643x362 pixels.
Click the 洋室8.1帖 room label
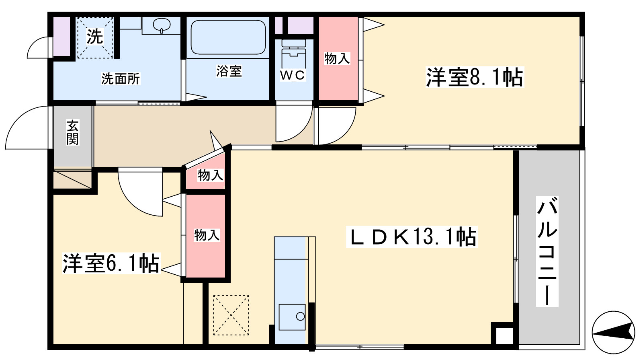(475, 77)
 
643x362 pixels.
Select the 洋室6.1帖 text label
(111, 263)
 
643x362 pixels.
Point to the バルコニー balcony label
(547, 251)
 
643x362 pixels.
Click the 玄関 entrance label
(73, 132)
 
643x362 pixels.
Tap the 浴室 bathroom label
(229, 71)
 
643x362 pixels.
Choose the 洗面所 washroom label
(121, 79)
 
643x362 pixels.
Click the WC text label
(293, 75)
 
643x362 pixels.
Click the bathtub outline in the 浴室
(228, 37)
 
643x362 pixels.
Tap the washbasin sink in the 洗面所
(161, 25)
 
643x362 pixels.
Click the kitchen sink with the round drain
(292, 317)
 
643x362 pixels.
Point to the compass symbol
(613, 332)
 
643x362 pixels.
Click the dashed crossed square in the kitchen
(231, 315)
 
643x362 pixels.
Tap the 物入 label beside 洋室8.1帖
(337, 59)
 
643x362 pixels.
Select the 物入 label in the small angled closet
(211, 175)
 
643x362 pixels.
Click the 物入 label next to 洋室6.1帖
(207, 235)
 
